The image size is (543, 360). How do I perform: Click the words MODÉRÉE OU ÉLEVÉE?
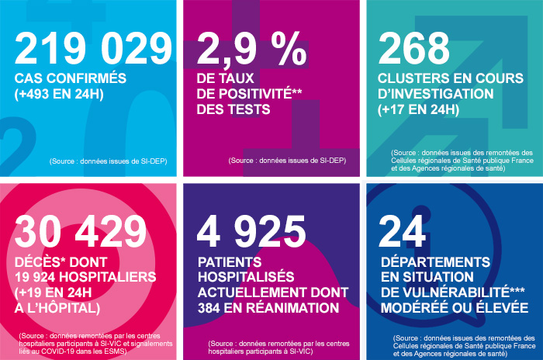(454, 309)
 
